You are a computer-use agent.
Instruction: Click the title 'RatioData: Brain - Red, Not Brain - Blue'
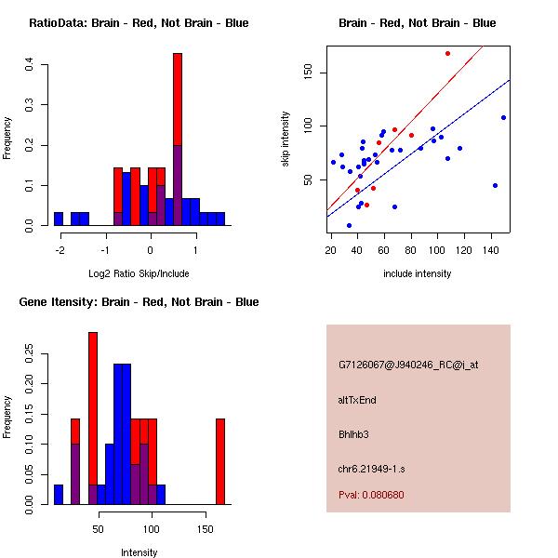point(139,23)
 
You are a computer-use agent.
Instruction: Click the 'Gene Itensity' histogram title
point(139,302)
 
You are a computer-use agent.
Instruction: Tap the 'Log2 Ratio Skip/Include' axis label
point(139,273)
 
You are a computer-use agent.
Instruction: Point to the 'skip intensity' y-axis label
point(286,139)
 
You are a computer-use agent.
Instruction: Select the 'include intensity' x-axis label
point(417,273)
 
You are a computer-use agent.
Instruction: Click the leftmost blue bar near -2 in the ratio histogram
point(59,219)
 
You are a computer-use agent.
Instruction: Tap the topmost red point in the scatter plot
point(447,53)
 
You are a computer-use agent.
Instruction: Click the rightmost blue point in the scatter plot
point(503,117)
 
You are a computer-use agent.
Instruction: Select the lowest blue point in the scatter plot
point(349,225)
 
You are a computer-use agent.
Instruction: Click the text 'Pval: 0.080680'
point(371,495)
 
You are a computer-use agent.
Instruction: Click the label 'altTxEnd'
point(357,400)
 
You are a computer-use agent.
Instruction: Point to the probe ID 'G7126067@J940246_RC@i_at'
point(408,365)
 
